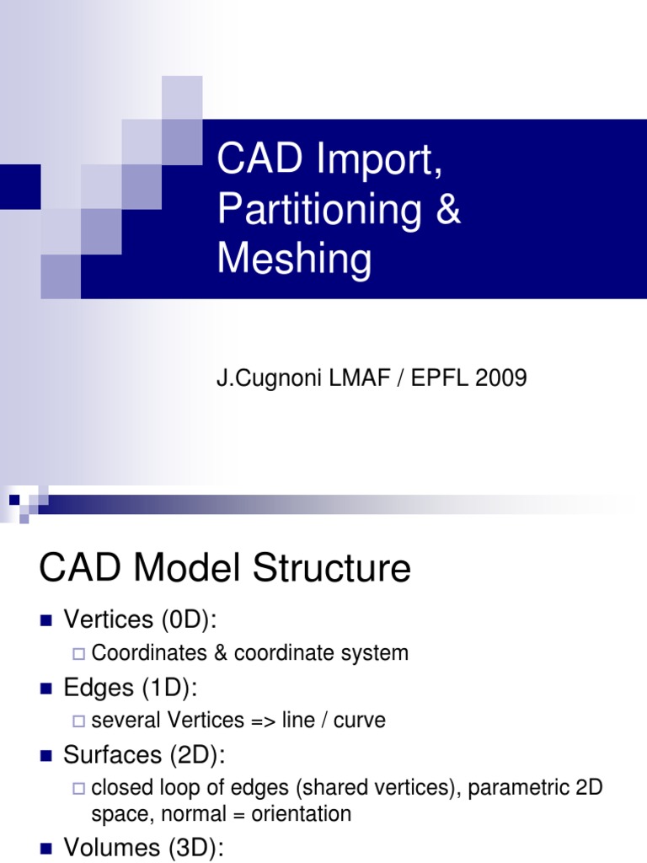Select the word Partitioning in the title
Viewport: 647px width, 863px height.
[x=319, y=210]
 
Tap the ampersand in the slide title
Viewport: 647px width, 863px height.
[x=447, y=209]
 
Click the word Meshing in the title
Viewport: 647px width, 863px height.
[x=294, y=259]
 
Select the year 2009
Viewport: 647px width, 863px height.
[x=501, y=378]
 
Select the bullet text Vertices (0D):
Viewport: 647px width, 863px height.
[x=140, y=619]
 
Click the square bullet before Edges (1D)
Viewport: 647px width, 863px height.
[x=46, y=689]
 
